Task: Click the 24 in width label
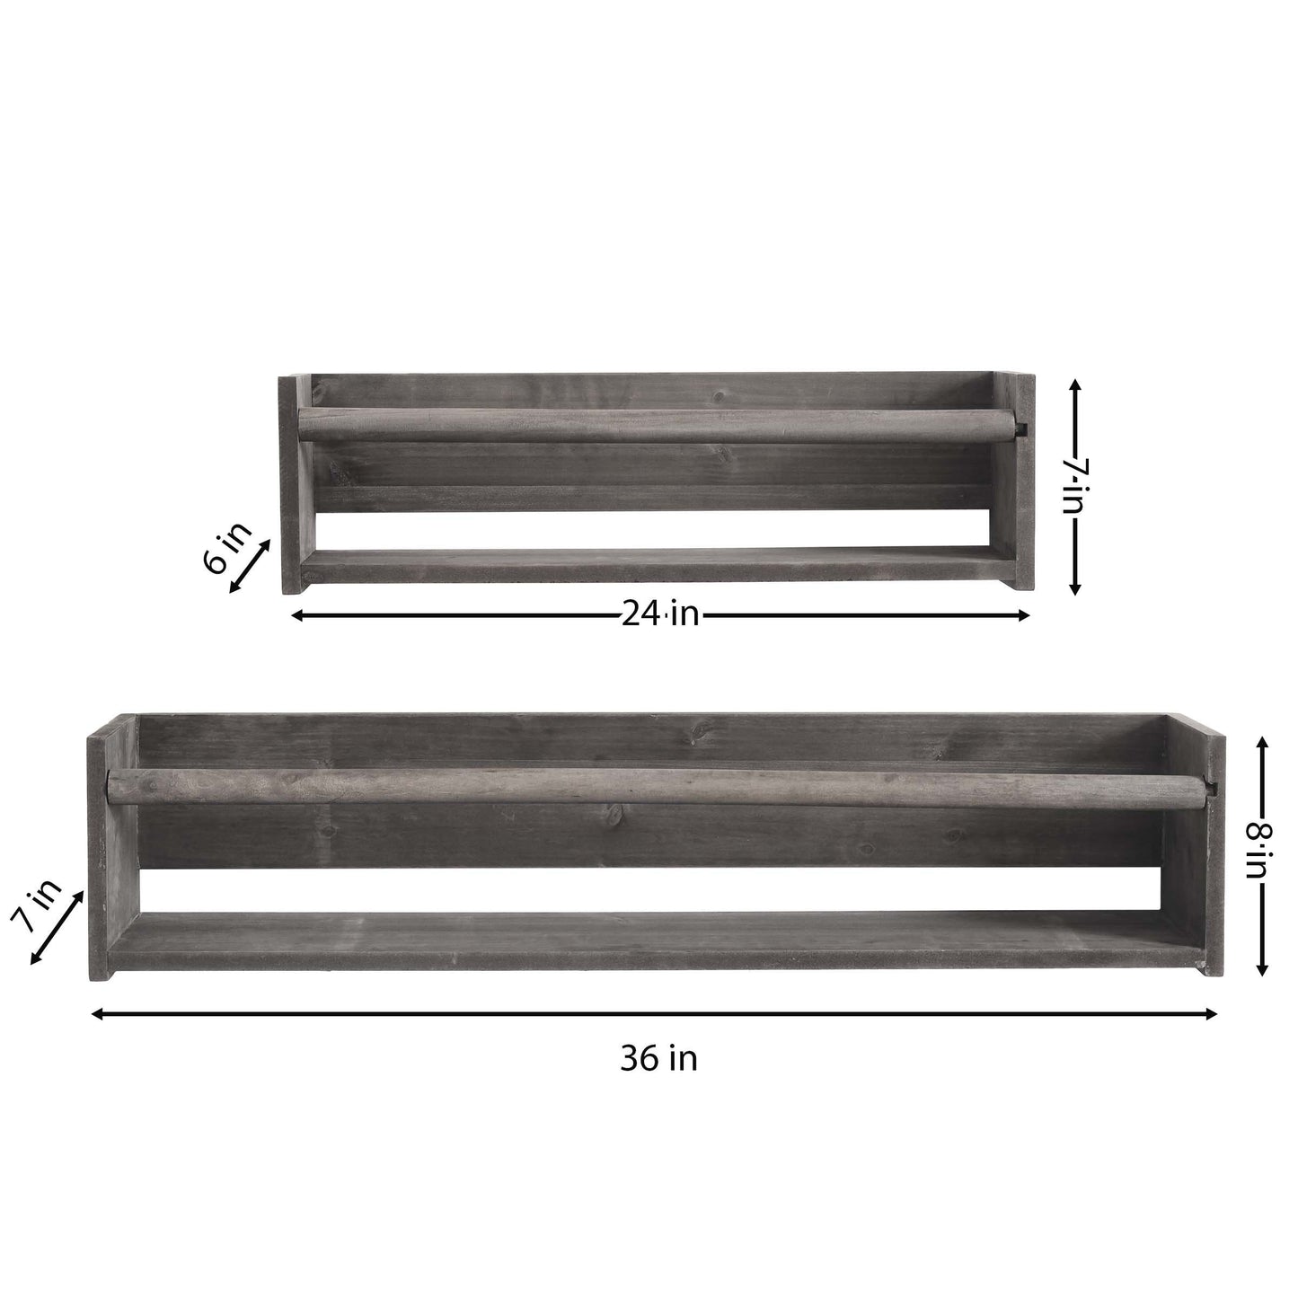pyautogui.click(x=659, y=614)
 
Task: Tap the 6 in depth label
pyautogui.click(x=228, y=548)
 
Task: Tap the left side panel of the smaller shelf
pyautogui.click(x=295, y=485)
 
